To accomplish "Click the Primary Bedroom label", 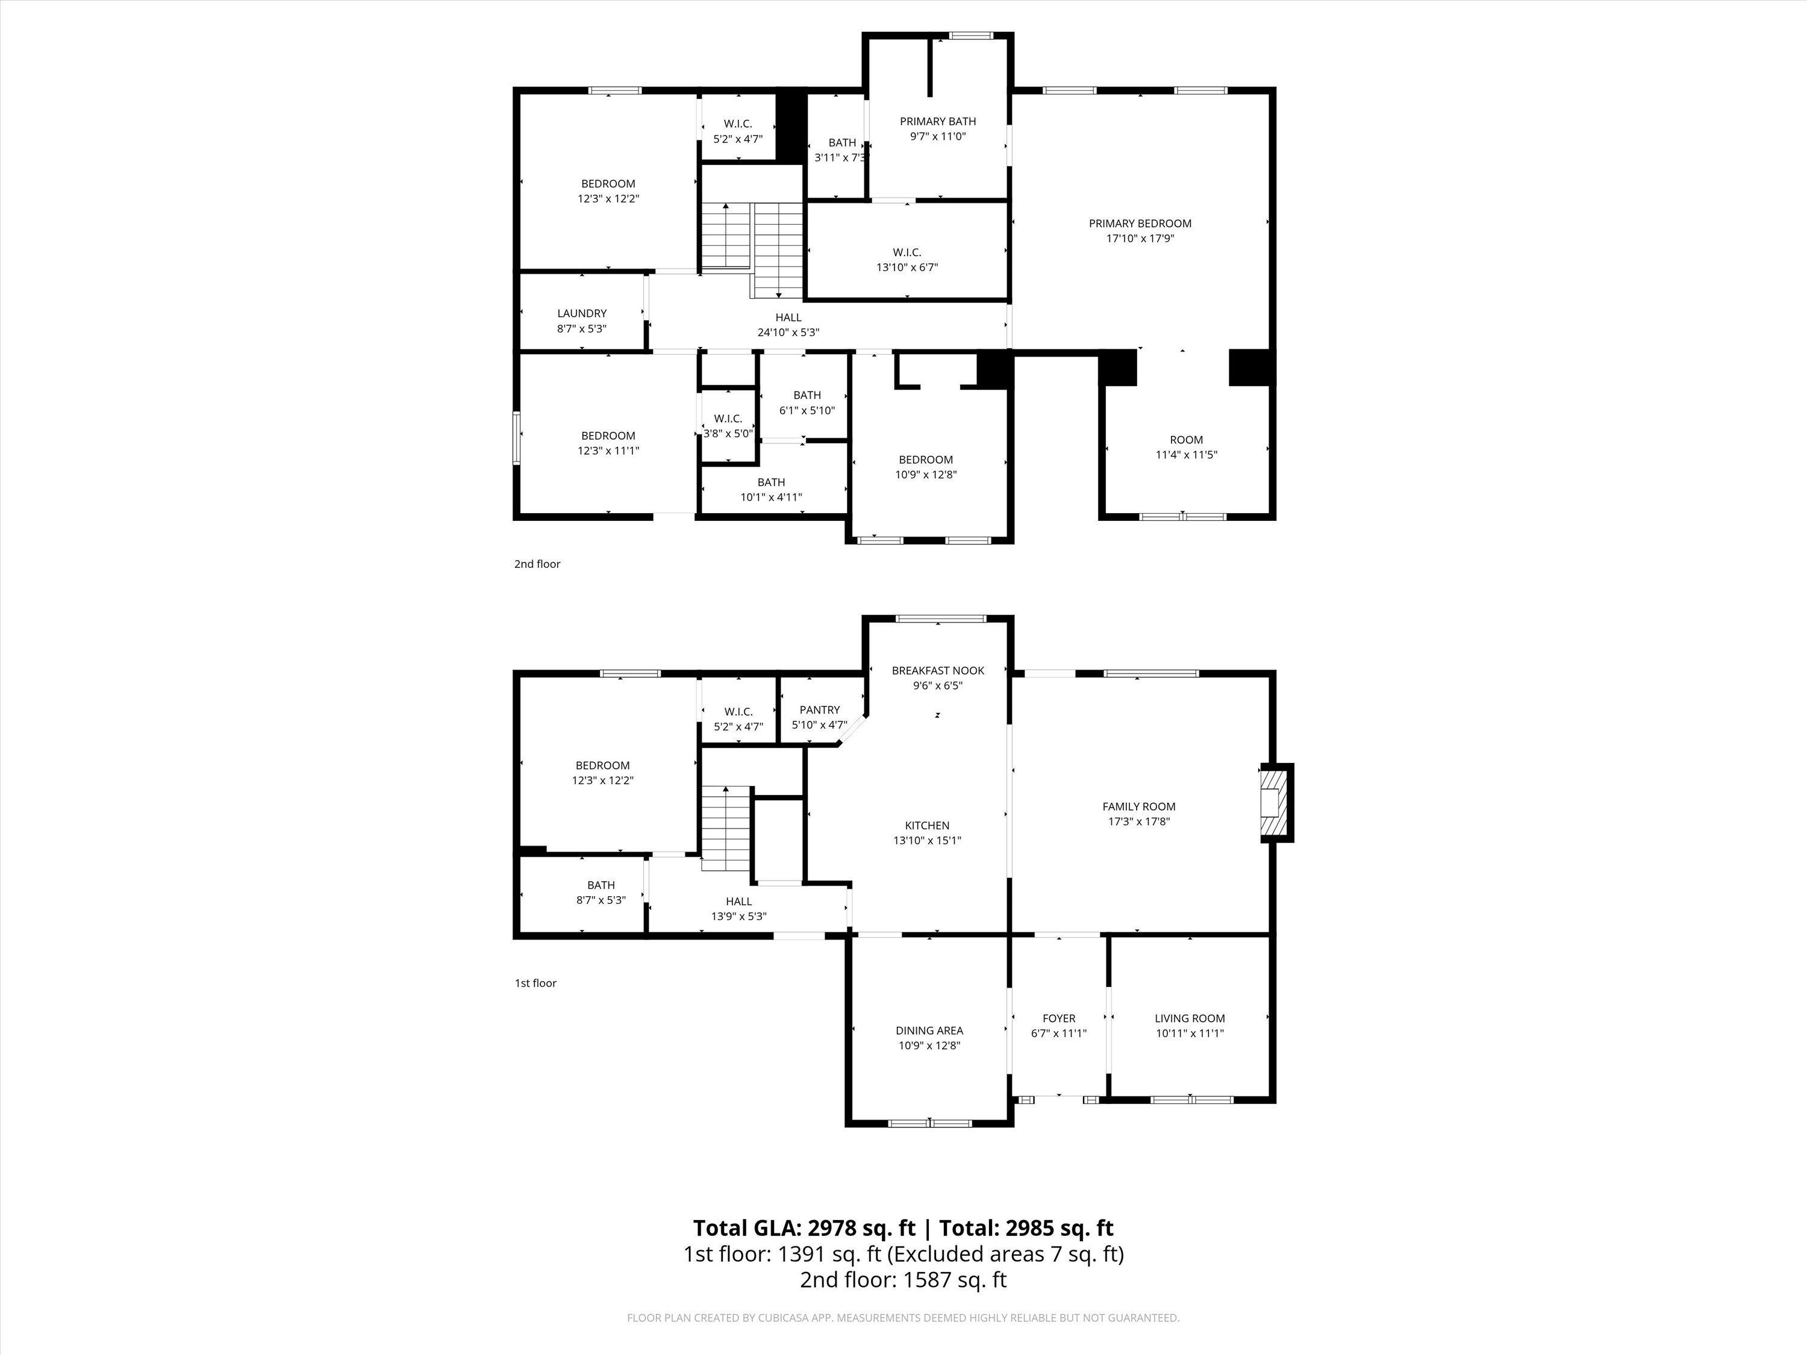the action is point(1140,223).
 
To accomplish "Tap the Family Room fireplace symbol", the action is point(1275,802).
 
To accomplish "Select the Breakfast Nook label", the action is point(938,670).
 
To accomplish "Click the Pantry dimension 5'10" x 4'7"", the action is point(819,724).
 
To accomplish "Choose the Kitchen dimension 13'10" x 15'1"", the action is point(927,839).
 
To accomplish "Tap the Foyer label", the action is point(1059,1018).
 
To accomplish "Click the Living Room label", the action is point(1190,1018).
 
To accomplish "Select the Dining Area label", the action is point(929,1031).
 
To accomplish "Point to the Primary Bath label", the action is point(938,122).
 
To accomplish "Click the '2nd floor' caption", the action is point(537,564).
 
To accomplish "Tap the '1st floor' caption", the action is point(535,983).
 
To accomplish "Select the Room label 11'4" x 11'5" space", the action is point(1186,440).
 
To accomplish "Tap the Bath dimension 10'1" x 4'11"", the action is point(771,497).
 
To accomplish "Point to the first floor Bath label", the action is point(601,885).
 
